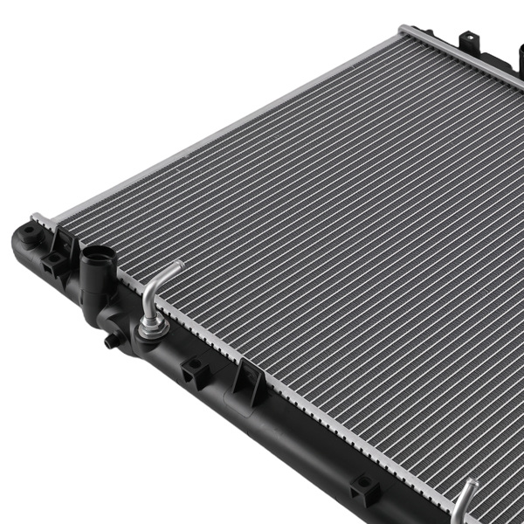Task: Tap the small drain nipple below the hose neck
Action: [x=109, y=341]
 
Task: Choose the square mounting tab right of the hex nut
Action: [x=193, y=371]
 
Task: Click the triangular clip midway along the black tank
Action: [x=249, y=380]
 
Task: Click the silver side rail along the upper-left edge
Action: [x=218, y=122]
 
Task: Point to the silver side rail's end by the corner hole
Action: [x=39, y=218]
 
